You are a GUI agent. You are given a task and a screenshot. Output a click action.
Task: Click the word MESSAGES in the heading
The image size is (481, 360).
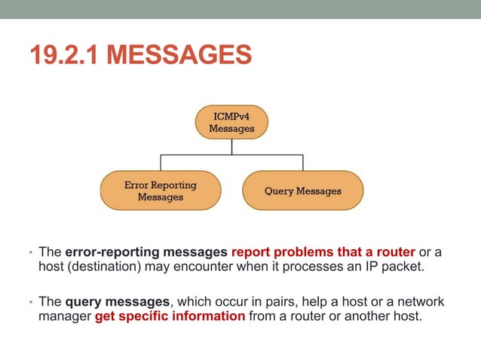point(179,56)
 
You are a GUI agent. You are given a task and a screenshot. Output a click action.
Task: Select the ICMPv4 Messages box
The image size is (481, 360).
point(231,123)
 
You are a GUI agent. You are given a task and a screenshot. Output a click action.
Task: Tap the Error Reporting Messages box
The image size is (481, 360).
point(160,191)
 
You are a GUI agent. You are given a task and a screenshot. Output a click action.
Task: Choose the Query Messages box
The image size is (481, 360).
point(302,191)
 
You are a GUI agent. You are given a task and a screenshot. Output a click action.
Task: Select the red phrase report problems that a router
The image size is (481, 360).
point(323,252)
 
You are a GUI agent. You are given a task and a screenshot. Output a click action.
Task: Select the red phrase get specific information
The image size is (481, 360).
point(170,316)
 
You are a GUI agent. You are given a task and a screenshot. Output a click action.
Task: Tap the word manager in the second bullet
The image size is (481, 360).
point(65,316)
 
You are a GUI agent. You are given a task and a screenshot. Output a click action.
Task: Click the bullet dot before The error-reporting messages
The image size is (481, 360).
point(31,253)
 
